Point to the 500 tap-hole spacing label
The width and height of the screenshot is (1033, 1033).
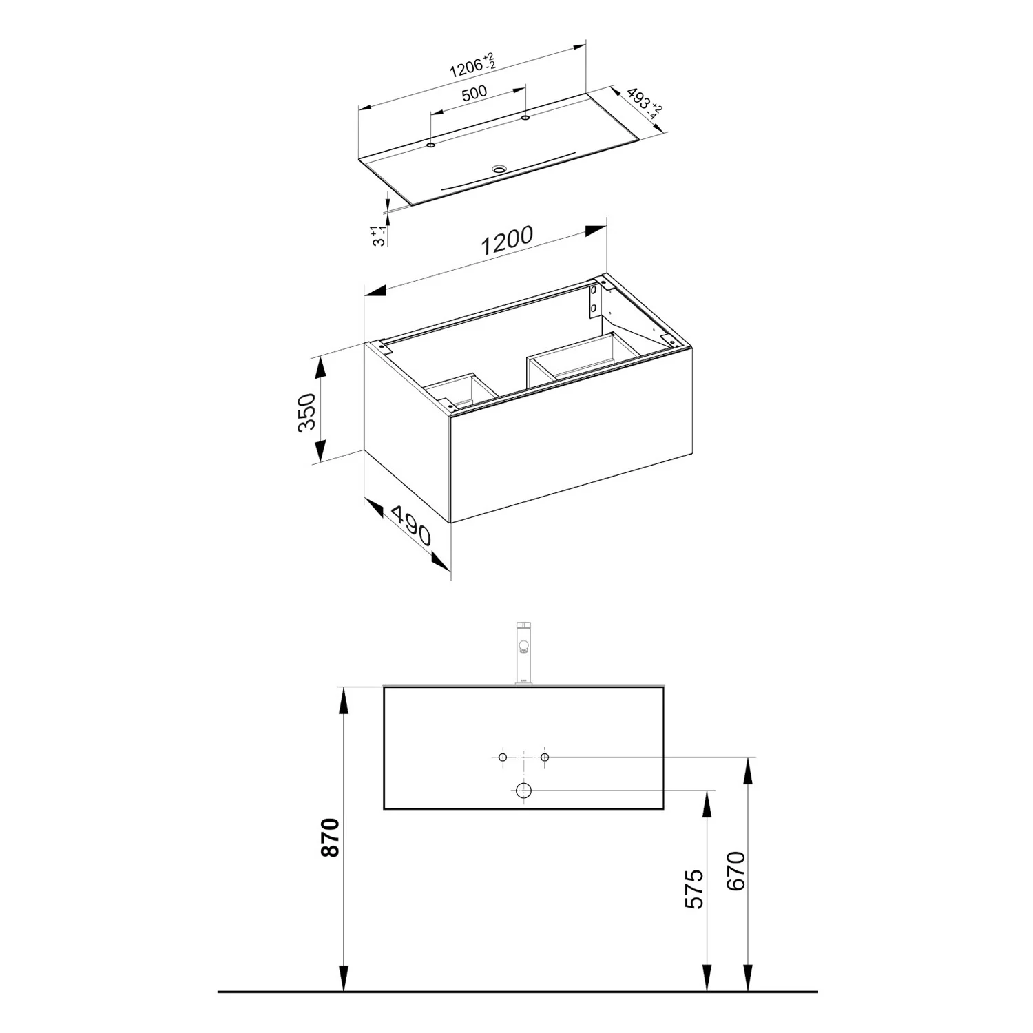pos(474,93)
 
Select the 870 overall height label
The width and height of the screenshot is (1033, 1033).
pos(331,837)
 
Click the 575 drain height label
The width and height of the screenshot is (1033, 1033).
pos(696,889)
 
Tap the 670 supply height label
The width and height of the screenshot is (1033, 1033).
pos(735,871)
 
